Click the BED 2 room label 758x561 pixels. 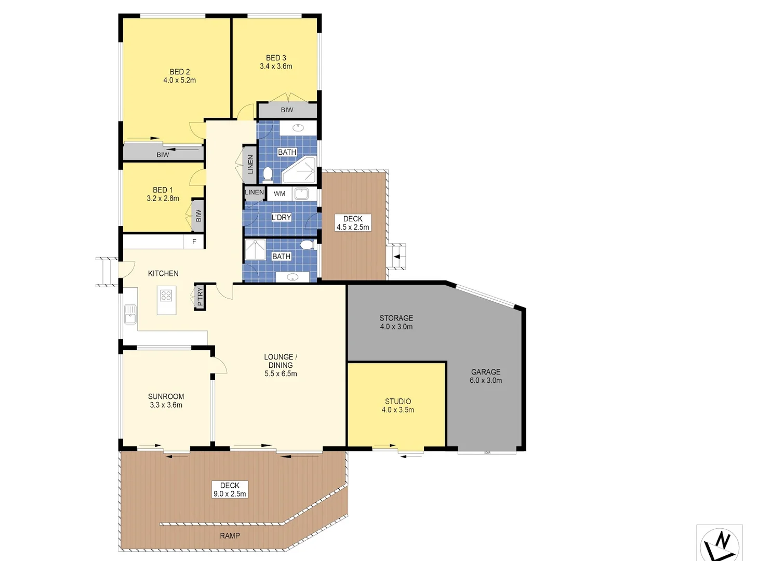(x=180, y=72)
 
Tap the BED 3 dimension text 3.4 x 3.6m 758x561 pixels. (x=276, y=66)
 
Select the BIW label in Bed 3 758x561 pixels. (x=287, y=110)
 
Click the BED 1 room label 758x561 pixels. (x=163, y=190)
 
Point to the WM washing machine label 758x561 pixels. (x=280, y=194)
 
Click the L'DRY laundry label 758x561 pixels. (x=281, y=218)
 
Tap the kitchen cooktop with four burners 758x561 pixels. (x=166, y=296)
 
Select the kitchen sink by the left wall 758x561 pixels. (x=130, y=315)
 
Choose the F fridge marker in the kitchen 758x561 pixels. (x=194, y=242)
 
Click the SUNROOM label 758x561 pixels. (x=166, y=396)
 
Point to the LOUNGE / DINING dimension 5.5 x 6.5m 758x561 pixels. (x=281, y=373)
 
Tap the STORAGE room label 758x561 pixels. (x=396, y=318)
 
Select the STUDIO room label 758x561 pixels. (x=398, y=401)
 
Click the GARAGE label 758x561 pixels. (x=486, y=372)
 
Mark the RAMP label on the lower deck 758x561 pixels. (x=230, y=536)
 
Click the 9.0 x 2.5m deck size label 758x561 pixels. (x=230, y=494)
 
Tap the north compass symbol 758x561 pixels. (x=720, y=544)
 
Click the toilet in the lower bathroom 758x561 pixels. (x=307, y=245)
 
